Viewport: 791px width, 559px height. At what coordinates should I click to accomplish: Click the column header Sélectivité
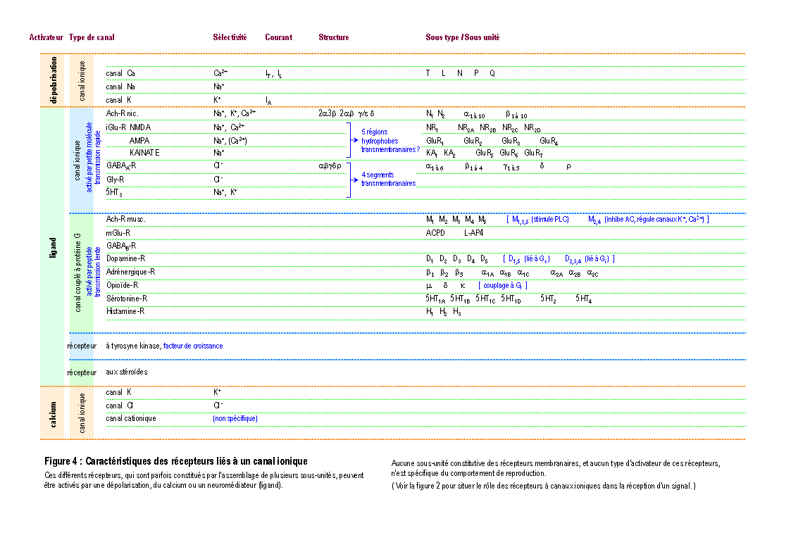(x=230, y=37)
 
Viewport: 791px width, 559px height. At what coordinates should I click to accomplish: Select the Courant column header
(x=278, y=37)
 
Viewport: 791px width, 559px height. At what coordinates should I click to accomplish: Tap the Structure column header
(x=333, y=37)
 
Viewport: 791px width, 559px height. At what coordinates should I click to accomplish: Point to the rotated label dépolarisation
(x=54, y=80)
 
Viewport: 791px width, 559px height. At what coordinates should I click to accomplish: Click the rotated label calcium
(x=54, y=413)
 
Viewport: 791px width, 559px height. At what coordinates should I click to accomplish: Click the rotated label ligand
(x=54, y=247)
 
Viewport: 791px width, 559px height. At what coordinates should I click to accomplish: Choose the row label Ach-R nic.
(x=122, y=113)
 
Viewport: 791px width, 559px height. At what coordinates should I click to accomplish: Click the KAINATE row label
(x=144, y=153)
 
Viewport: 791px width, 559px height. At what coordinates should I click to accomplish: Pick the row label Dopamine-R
(x=125, y=259)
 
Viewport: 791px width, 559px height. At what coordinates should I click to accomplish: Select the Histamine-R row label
(x=125, y=311)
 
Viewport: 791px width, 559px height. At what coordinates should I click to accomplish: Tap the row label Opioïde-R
(x=123, y=285)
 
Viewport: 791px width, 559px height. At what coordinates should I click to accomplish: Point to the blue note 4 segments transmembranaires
(x=388, y=179)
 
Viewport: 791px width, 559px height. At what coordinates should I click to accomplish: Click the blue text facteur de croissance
(x=193, y=346)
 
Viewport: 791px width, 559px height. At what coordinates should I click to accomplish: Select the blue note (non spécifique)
(x=235, y=418)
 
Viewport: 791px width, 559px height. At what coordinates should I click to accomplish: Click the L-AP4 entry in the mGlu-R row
(x=473, y=233)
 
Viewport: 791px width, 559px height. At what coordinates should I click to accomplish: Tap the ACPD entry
(x=435, y=233)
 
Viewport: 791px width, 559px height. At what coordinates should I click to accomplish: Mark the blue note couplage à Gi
(x=503, y=285)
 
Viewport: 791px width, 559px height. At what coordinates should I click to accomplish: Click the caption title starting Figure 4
(x=175, y=462)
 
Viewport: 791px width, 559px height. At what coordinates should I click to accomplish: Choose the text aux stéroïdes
(x=127, y=372)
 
